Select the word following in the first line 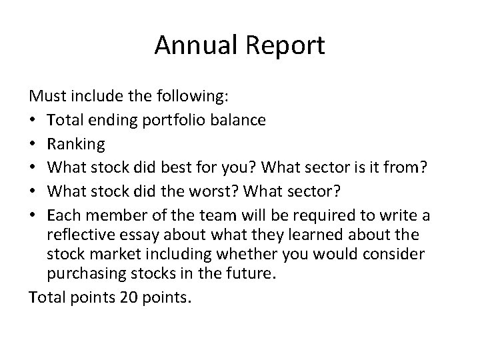197,97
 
